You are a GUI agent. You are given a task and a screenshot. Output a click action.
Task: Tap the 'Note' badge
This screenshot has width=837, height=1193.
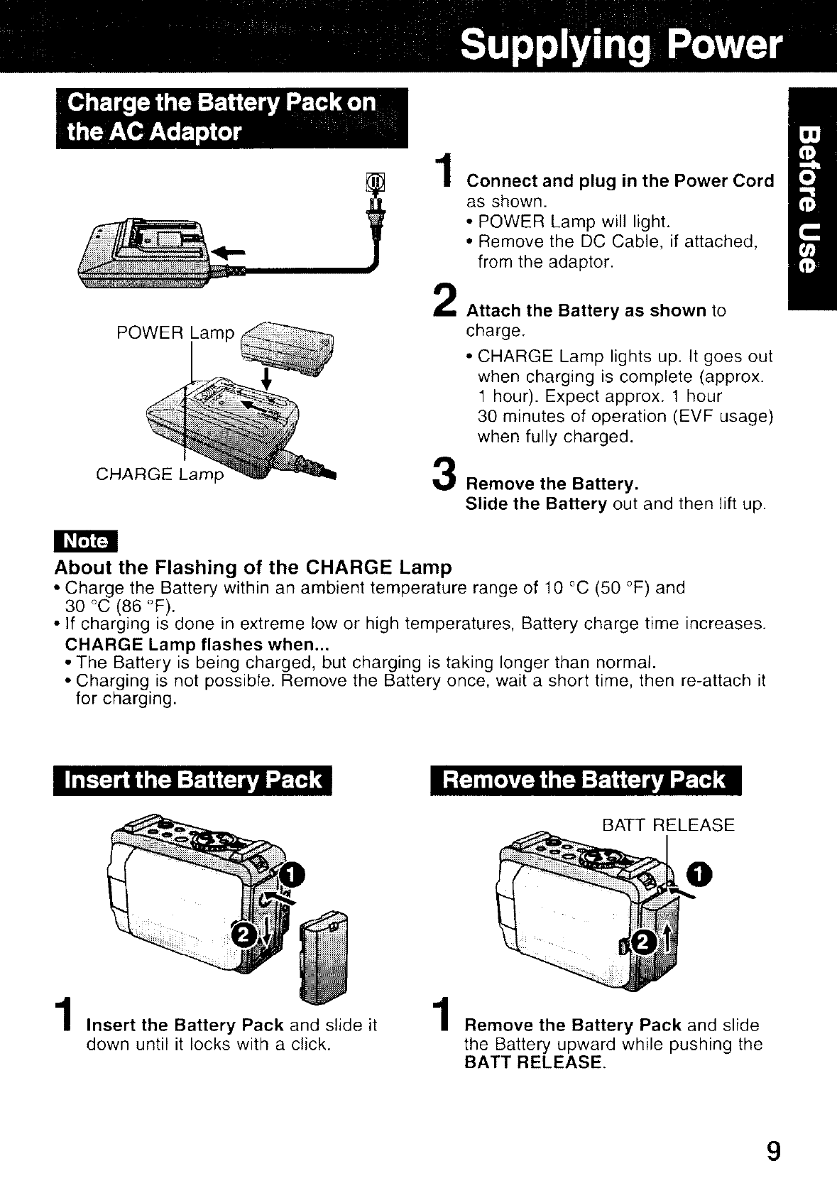tap(86, 542)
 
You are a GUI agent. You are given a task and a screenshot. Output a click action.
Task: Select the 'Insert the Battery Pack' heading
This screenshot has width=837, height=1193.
tap(193, 780)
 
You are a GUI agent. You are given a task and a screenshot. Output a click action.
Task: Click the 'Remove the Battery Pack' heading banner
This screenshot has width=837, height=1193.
tap(584, 780)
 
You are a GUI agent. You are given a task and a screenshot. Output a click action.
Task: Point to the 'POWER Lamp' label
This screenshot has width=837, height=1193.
tap(175, 332)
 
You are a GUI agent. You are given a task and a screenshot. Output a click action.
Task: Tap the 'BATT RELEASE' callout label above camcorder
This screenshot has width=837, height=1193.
tap(667, 825)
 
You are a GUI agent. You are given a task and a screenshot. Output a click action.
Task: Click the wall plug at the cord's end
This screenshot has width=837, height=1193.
tap(374, 206)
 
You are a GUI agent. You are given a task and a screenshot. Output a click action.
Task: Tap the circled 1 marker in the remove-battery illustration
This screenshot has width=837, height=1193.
tap(705, 875)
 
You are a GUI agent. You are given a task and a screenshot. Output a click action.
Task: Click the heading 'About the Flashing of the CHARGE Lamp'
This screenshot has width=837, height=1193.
tap(253, 567)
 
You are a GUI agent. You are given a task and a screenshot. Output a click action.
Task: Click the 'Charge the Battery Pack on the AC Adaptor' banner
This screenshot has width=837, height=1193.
tap(231, 117)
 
